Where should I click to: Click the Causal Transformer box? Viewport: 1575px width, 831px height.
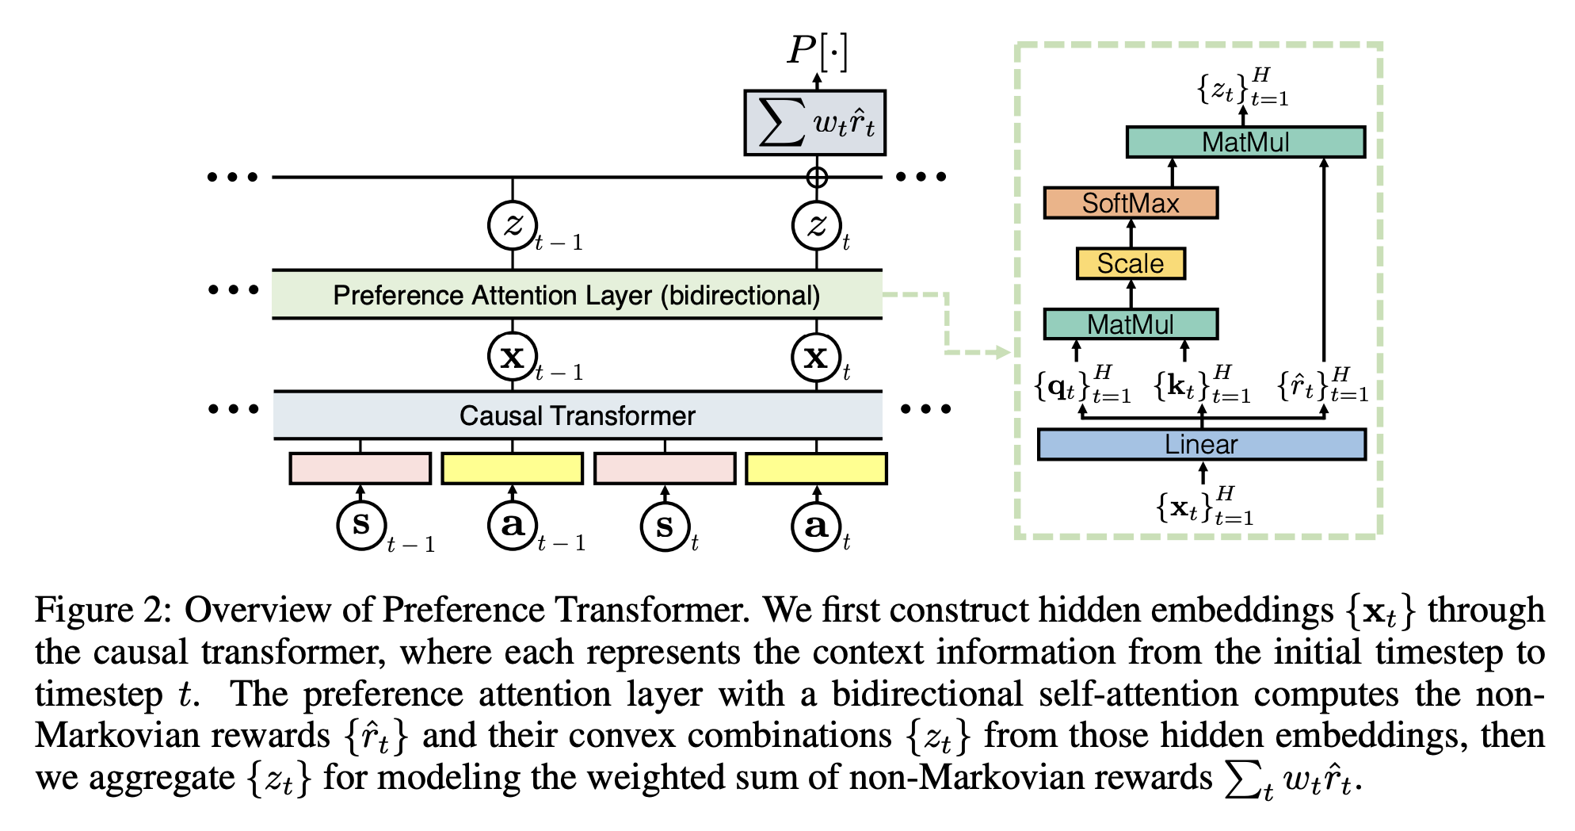tap(578, 415)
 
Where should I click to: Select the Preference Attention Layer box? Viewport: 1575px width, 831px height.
tap(577, 295)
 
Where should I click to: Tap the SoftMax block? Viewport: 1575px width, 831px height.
tap(1131, 203)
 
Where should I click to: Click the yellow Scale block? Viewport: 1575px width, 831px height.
tap(1131, 263)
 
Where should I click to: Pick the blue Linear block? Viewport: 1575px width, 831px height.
tap(1201, 444)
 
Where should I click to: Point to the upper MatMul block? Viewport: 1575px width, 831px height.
tap(1245, 142)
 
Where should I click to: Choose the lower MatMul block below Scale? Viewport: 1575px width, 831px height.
tap(1131, 324)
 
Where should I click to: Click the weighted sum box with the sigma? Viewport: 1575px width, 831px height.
tap(815, 123)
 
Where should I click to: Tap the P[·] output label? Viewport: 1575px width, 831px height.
tap(817, 52)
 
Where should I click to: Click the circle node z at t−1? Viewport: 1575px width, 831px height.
tap(512, 226)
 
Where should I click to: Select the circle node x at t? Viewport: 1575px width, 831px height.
tap(816, 358)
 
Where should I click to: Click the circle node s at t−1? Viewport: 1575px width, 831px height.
tap(361, 525)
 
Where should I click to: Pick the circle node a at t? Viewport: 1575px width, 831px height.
tap(816, 525)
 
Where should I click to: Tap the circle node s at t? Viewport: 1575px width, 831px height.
tap(665, 525)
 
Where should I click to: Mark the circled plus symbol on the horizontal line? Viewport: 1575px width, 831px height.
tap(817, 177)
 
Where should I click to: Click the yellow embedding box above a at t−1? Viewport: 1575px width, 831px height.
tap(512, 469)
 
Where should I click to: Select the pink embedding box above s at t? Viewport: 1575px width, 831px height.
tap(665, 469)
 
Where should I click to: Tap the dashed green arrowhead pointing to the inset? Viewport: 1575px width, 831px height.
tap(1002, 352)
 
